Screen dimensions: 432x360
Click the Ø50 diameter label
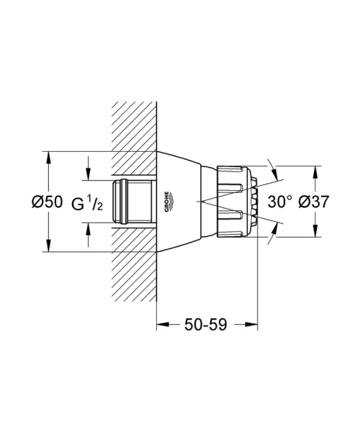click(48, 203)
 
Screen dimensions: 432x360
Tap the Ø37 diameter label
click(314, 203)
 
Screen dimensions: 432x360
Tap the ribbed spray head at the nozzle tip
click(238, 201)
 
